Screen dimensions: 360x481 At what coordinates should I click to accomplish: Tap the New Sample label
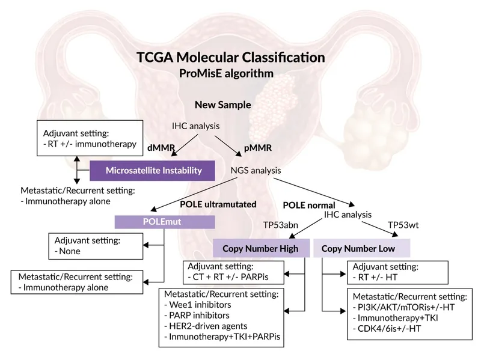tap(222, 105)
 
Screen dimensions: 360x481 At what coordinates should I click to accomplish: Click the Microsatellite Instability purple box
tap(153, 171)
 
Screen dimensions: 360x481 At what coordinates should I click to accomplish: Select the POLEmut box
tap(164, 222)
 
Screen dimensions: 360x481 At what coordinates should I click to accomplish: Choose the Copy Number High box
tap(260, 248)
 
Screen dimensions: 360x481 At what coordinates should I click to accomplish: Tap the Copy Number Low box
tap(361, 248)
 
